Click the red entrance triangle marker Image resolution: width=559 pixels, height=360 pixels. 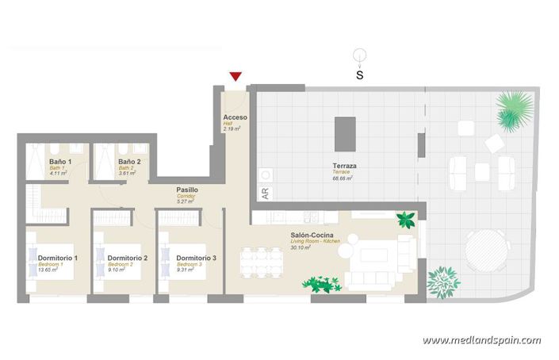[x=235, y=76]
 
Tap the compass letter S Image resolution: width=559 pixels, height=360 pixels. [x=359, y=76]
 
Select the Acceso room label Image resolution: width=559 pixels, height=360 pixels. [x=235, y=117]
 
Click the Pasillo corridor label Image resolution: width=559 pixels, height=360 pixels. [x=187, y=190]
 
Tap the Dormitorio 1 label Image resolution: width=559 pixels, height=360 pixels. [x=57, y=259]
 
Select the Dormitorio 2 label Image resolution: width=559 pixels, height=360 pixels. [x=127, y=259]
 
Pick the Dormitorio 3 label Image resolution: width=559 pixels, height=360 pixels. [x=196, y=259]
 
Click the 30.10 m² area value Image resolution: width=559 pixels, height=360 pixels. [x=301, y=248]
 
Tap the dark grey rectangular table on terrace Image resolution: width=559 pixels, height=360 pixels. [x=345, y=134]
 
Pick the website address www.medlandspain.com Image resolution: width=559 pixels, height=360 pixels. [x=481, y=341]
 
